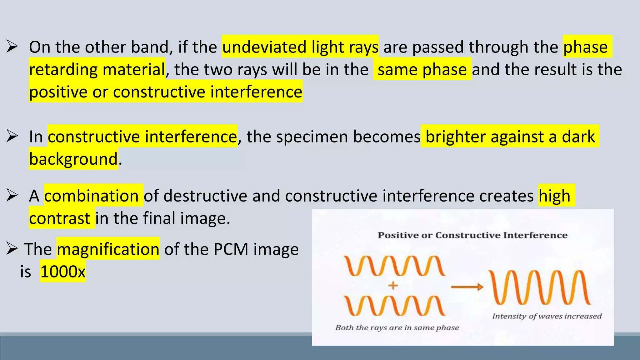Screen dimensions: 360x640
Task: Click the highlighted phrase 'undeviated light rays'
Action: pyautogui.click(x=300, y=47)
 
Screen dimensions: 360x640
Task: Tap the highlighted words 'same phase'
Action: pyautogui.click(x=422, y=69)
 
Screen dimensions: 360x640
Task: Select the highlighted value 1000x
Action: pyautogui.click(x=63, y=272)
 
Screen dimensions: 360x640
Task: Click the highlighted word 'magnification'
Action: pyautogui.click(x=108, y=249)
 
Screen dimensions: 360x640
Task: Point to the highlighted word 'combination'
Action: pyautogui.click(x=92, y=196)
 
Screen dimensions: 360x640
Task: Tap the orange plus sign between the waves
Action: pyautogui.click(x=393, y=285)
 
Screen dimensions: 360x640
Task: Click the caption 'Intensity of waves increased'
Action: pyautogui.click(x=547, y=316)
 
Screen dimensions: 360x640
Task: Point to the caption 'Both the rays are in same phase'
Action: pyautogui.click(x=397, y=327)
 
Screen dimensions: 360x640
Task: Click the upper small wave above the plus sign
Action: pyautogui.click(x=394, y=266)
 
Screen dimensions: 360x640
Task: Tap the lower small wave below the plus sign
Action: pyautogui.click(x=394, y=306)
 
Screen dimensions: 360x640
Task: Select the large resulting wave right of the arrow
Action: pyautogui.click(x=540, y=287)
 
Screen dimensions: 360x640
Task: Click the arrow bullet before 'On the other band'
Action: pyautogui.click(x=12, y=47)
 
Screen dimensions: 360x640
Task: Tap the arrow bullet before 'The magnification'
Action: pyautogui.click(x=12, y=249)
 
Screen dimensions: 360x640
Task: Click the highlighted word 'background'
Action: pyautogui.click(x=73, y=159)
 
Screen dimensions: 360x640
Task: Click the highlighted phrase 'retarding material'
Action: pyautogui.click(x=97, y=69)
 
